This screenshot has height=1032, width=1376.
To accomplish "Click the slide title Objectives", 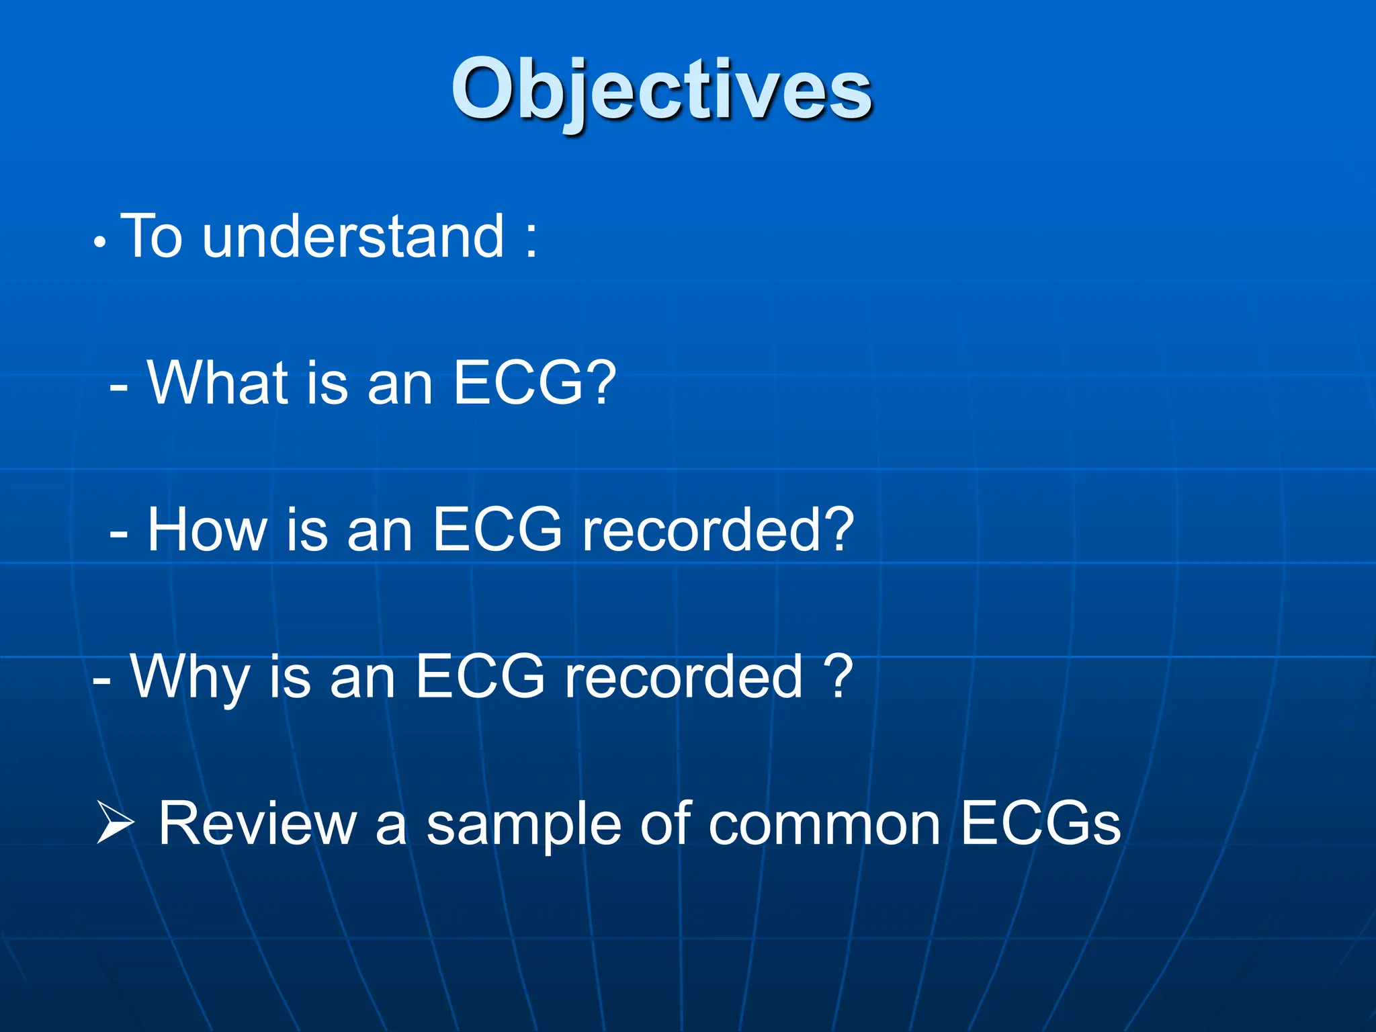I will point(662,91).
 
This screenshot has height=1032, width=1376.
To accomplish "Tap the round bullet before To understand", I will point(99,243).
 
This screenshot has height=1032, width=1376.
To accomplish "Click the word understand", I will point(353,236).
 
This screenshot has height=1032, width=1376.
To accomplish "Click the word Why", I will point(190,677).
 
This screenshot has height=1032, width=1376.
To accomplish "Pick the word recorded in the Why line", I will point(683,677).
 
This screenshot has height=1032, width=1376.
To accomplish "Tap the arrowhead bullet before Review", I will point(115,822).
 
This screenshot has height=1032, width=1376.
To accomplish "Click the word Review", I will point(257,824).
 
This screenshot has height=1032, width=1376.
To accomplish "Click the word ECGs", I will point(1040,824).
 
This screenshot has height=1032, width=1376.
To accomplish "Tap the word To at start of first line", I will point(152,236).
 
